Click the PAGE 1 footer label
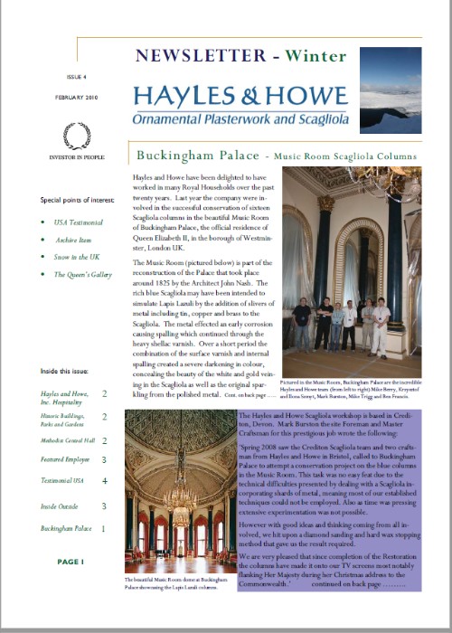[70, 562]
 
